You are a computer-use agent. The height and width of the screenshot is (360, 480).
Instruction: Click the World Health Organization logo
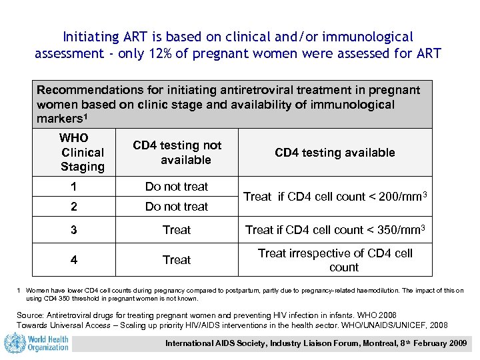click(37, 344)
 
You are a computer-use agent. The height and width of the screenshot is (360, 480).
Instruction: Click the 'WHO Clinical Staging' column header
click(82, 153)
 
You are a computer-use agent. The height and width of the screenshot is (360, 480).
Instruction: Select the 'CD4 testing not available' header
click(177, 153)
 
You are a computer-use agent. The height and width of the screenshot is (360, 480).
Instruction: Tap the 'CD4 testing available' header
click(335, 153)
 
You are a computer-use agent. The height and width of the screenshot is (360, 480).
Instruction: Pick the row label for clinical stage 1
click(74, 187)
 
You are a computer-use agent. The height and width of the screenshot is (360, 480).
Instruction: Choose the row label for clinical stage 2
click(74, 207)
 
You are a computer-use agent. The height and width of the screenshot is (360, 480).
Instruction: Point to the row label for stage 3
click(74, 230)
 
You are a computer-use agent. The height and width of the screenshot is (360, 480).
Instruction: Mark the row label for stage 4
click(74, 260)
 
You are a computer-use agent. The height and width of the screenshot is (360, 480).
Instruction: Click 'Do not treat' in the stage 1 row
click(177, 187)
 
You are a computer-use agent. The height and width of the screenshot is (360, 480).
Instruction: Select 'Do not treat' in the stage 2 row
click(177, 207)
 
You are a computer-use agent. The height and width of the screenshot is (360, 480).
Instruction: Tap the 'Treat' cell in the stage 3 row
click(177, 230)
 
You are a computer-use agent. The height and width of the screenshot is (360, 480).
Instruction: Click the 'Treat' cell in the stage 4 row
click(177, 260)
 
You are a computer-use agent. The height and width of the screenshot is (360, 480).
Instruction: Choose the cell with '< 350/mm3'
click(335, 230)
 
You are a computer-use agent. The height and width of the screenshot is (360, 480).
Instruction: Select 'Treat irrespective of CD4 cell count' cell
click(335, 260)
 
